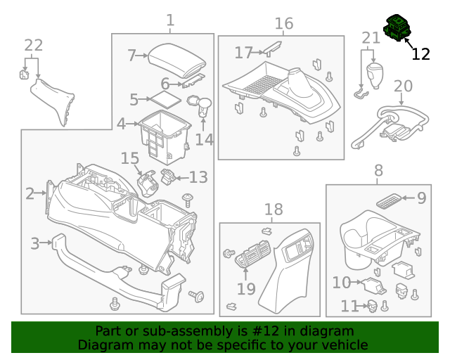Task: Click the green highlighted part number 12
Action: click(x=397, y=29)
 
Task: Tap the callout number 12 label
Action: click(x=420, y=54)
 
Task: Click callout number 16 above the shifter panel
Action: click(x=283, y=23)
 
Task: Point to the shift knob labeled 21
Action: click(x=374, y=73)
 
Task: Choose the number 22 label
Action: click(x=33, y=45)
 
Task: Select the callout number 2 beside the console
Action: click(x=30, y=193)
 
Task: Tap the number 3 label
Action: click(x=34, y=244)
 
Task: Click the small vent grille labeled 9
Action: click(x=390, y=201)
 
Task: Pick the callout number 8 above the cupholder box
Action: click(x=378, y=170)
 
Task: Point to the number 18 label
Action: click(x=273, y=209)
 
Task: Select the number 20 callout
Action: click(x=403, y=86)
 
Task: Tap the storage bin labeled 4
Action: click(x=163, y=131)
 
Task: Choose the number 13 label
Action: click(x=198, y=176)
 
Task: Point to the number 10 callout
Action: click(x=341, y=282)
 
